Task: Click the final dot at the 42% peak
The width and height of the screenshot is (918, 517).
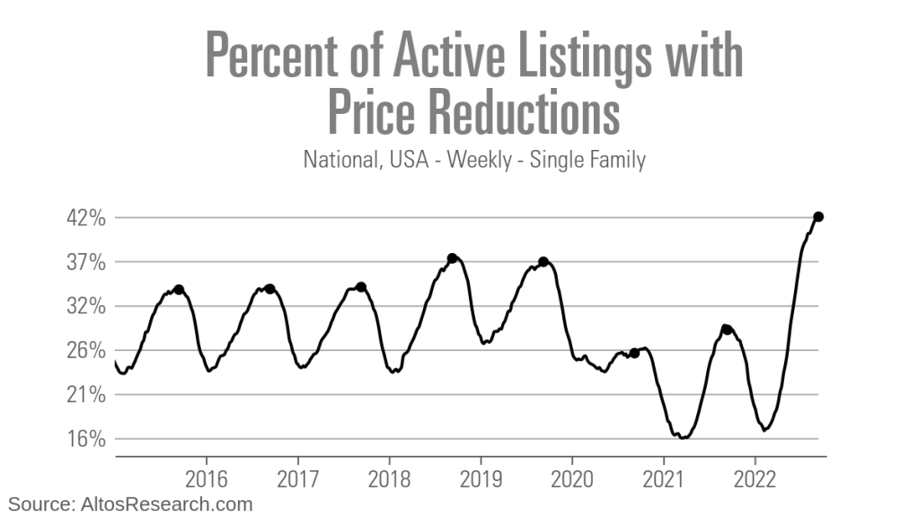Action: coord(818,216)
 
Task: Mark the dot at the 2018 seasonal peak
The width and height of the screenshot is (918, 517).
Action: coord(453,258)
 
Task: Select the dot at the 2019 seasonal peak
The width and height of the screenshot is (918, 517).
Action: coord(543,262)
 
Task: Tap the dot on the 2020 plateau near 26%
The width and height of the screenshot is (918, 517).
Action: coord(634,354)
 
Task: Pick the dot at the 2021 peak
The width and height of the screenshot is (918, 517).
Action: coord(726,329)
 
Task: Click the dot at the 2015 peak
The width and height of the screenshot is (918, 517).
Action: coord(179,290)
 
